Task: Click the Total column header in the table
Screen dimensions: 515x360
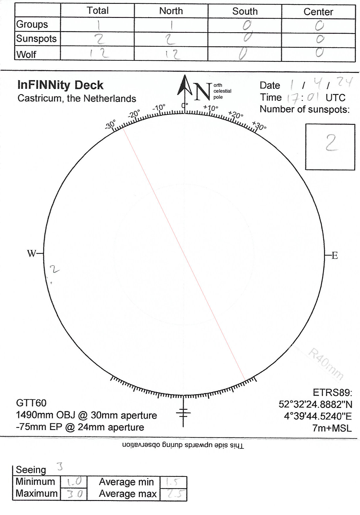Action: [x=98, y=11]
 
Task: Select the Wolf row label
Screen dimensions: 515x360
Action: [x=26, y=54]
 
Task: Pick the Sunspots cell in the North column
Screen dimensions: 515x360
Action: [x=171, y=39]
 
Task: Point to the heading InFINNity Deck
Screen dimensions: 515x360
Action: [x=60, y=85]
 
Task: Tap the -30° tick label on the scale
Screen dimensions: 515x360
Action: [x=111, y=124]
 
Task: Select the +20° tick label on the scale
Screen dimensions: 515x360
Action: [x=236, y=115]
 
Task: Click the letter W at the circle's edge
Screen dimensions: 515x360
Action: [x=31, y=254]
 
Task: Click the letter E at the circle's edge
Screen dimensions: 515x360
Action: [x=335, y=256]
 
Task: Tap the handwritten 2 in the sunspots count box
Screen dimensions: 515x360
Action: [x=331, y=143]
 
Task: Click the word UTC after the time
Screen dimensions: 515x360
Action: [x=335, y=98]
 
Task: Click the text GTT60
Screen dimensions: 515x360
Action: [x=31, y=403]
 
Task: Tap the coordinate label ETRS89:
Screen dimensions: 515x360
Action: [x=332, y=392]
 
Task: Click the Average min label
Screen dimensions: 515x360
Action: [x=126, y=482]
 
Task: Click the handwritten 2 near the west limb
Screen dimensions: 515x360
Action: [x=55, y=269]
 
